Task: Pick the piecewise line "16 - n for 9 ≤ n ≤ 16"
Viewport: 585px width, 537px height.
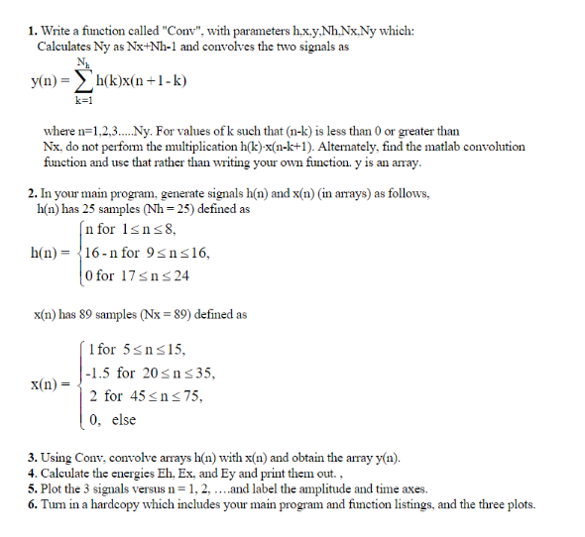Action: click(x=148, y=252)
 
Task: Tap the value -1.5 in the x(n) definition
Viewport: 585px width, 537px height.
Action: click(x=98, y=374)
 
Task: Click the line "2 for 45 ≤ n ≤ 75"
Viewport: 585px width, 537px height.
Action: click(x=146, y=396)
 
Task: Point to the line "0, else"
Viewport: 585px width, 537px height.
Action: click(x=112, y=419)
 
